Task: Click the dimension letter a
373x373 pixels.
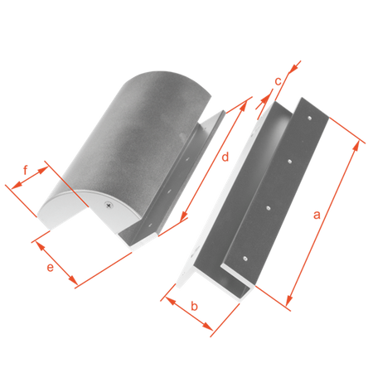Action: pos(317,215)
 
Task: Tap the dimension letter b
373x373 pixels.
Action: pos(195,306)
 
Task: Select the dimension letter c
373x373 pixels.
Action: pos(278,81)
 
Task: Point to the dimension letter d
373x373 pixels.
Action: pos(225,157)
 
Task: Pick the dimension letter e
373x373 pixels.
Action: pos(50,268)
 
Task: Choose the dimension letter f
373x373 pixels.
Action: pos(26,170)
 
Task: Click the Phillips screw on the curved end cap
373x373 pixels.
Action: pos(109,206)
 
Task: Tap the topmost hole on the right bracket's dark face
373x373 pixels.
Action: pos(310,119)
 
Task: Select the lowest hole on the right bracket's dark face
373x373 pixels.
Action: pos(245,259)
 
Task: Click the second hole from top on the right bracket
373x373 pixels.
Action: pos(290,162)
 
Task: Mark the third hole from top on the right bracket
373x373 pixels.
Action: pos(268,208)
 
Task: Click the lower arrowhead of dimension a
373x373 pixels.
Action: pos(289,300)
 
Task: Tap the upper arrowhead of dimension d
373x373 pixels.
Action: pos(243,106)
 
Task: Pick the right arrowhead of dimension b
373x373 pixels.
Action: pos(207,326)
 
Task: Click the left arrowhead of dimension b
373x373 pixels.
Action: pos(172,302)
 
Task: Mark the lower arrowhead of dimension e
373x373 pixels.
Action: pos(73,280)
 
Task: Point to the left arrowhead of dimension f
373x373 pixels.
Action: pos(17,184)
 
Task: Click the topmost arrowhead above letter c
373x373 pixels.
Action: pos(295,66)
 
